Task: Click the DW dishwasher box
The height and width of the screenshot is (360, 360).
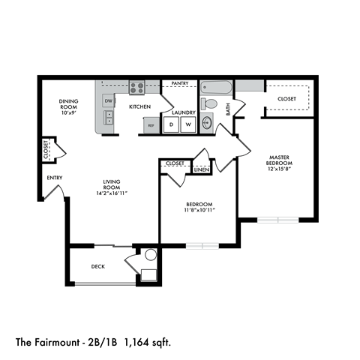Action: pyautogui.click(x=109, y=100)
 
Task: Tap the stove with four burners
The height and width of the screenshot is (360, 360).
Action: pyautogui.click(x=136, y=88)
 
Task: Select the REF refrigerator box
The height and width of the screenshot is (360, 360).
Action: pyautogui.click(x=151, y=125)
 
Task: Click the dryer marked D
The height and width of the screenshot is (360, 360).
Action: pyautogui.click(x=171, y=124)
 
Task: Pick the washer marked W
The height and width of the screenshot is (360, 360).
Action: pyautogui.click(x=188, y=124)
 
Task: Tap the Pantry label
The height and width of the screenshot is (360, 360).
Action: pyautogui.click(x=179, y=83)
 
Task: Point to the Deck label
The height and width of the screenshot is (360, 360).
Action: pyautogui.click(x=98, y=266)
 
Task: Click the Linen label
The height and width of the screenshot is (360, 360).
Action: pyautogui.click(x=201, y=170)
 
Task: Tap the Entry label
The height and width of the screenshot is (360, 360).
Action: pyautogui.click(x=55, y=178)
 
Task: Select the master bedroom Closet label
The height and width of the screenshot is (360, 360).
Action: pyautogui.click(x=286, y=98)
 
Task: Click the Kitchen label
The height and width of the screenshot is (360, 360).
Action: pyautogui.click(x=140, y=107)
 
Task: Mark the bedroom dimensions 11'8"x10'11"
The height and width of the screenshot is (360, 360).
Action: pyautogui.click(x=199, y=211)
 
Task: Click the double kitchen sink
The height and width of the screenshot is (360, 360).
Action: pyautogui.click(x=109, y=117)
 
